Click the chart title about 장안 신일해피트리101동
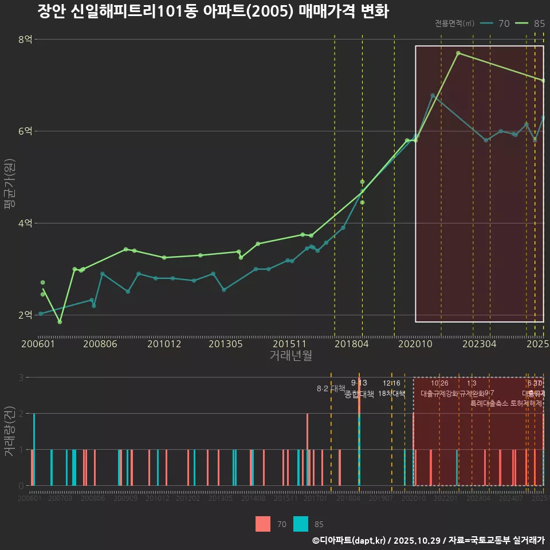pyautogui.click(x=213, y=11)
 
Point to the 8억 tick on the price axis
pyautogui.click(x=25, y=40)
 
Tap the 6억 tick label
pyautogui.click(x=25, y=131)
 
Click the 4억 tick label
pyautogui.click(x=25, y=223)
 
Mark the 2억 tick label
pyautogui.click(x=25, y=315)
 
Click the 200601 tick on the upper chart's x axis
pyautogui.click(x=38, y=344)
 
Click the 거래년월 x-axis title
pyautogui.click(x=290, y=356)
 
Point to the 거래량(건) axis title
pyautogui.click(x=9, y=431)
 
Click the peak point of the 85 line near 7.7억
pyautogui.click(x=458, y=53)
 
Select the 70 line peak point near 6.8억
pyautogui.click(x=433, y=96)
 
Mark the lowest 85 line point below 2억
pyautogui.click(x=60, y=322)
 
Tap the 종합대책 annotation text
pyautogui.click(x=359, y=394)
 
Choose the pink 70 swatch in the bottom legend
pyautogui.click(x=263, y=524)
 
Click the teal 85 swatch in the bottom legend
pyautogui.click(x=301, y=524)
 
